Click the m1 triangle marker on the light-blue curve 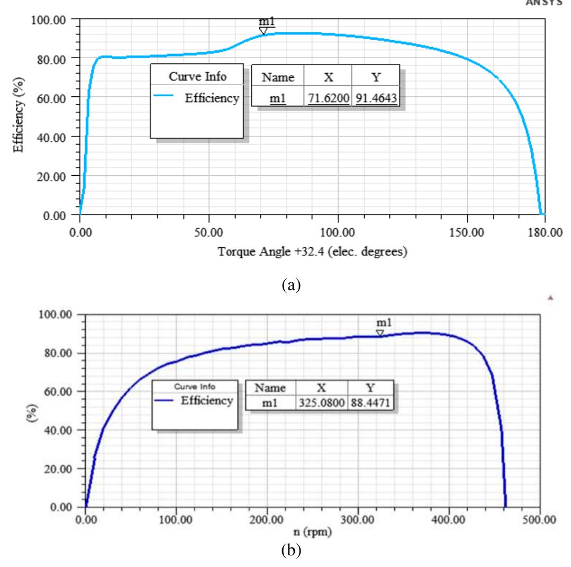coord(264,31)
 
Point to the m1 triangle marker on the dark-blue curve coord(380,333)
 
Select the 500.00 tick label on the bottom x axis coord(539,519)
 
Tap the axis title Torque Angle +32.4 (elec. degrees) coord(312,252)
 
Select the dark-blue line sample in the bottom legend coord(166,401)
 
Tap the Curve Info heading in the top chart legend coord(197,76)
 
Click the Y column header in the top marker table coord(375,77)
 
